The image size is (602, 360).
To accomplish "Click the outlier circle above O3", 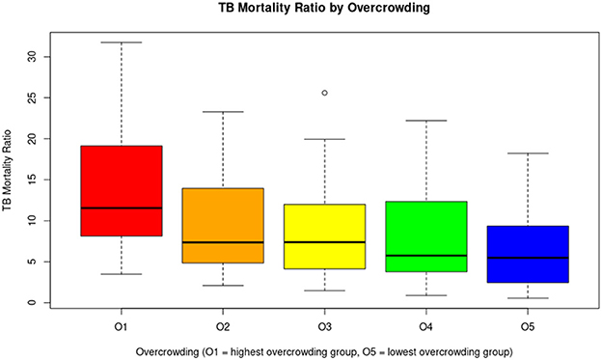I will pyautogui.click(x=324, y=93).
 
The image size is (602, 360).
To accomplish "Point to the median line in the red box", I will pyautogui.click(x=121, y=208).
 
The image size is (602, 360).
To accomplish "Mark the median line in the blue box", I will pyautogui.click(x=528, y=258).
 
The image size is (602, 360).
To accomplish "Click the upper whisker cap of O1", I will pyautogui.click(x=121, y=42).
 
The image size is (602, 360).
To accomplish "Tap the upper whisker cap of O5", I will pyautogui.click(x=528, y=153).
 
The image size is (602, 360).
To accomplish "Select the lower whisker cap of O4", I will pyautogui.click(x=425, y=295).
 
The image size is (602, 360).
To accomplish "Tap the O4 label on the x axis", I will pyautogui.click(x=425, y=326).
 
